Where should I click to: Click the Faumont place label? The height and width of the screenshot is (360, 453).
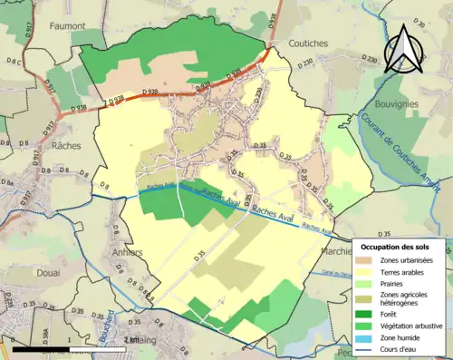[x=68, y=26]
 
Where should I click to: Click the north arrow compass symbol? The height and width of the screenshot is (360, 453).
[x=404, y=48]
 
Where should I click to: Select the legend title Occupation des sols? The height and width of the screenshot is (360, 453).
[x=400, y=246]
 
